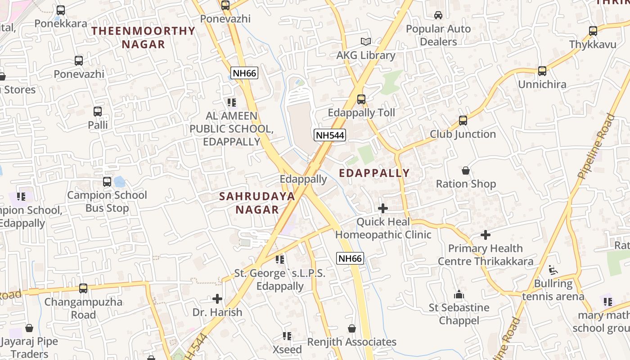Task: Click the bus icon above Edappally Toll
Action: coord(361,99)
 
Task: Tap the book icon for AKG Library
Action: coord(366,42)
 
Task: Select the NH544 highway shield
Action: coord(330,135)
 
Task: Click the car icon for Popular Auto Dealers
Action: coord(438,15)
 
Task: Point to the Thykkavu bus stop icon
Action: coord(593,31)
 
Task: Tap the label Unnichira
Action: coord(542,84)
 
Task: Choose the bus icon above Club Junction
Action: coord(463,121)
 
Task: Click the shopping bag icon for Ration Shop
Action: coord(466,171)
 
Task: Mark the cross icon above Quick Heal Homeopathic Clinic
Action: coord(383,208)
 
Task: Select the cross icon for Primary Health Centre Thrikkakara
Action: coord(485,235)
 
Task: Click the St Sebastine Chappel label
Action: coord(459,314)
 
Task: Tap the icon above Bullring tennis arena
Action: coord(553,270)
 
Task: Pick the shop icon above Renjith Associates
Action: coord(352,329)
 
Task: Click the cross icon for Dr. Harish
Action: coord(217,299)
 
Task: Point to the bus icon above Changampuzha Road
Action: coord(83,288)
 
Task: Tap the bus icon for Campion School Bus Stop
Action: coord(107,182)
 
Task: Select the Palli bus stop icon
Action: coord(98,112)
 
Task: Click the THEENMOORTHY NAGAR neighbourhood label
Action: coord(144,37)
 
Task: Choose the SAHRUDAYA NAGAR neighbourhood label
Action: coord(257,202)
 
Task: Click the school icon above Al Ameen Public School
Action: coord(231,103)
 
